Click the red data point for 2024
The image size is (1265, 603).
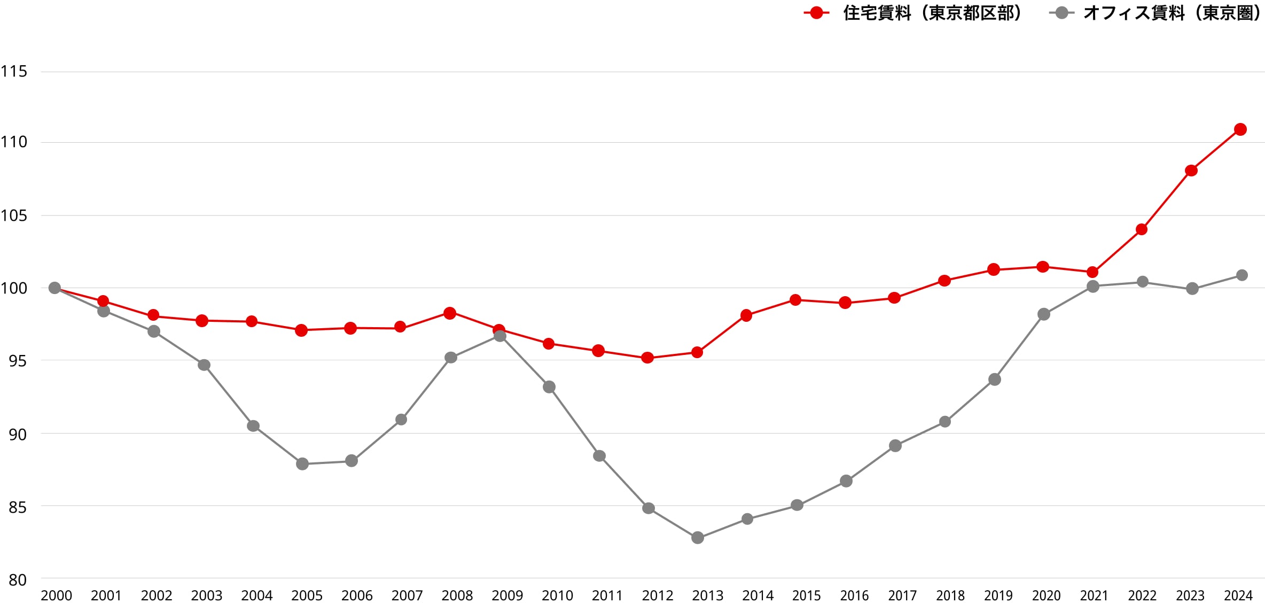point(1240,129)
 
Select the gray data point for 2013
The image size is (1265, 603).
point(698,538)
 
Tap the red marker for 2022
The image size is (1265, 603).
point(1142,229)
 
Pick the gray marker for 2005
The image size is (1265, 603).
point(302,463)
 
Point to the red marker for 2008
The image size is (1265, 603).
point(450,313)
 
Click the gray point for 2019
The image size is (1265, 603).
point(995,380)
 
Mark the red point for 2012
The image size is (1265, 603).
point(647,358)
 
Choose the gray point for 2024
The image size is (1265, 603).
point(1242,275)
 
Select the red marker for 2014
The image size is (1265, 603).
point(746,315)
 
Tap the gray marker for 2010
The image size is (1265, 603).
point(549,387)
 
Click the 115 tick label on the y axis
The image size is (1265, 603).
point(13,71)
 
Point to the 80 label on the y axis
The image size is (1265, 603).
point(18,580)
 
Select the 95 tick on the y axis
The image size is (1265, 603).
point(18,361)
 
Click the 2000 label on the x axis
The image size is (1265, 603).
point(57,596)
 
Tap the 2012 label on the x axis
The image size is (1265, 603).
point(658,596)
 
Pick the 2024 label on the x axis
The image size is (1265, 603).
point(1238,596)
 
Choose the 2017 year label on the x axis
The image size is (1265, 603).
point(902,596)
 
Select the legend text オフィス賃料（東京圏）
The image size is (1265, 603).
point(1173,13)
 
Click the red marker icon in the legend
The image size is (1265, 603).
point(816,13)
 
